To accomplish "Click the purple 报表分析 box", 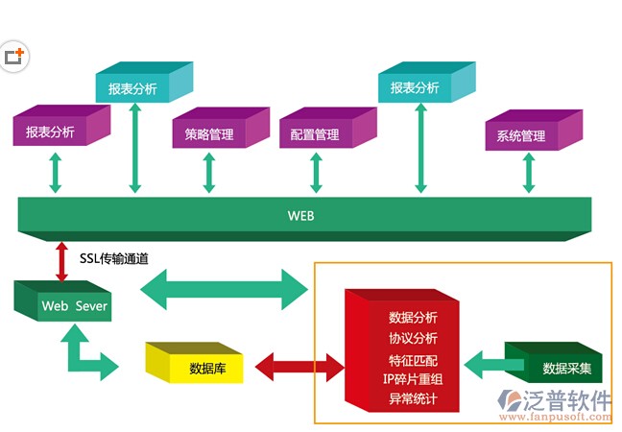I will click(x=50, y=132).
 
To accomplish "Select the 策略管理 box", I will click(x=209, y=134).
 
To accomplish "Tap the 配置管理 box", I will click(x=315, y=134).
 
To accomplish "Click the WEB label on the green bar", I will click(x=300, y=216).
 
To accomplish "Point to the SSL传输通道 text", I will click(x=114, y=258).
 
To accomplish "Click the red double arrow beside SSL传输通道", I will click(x=62, y=260).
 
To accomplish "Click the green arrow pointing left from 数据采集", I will click(x=494, y=365).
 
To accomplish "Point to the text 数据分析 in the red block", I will click(x=413, y=317).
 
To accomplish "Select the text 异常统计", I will click(x=413, y=397).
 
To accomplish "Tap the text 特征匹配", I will click(x=413, y=359).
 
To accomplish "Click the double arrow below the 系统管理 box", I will click(x=528, y=175).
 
